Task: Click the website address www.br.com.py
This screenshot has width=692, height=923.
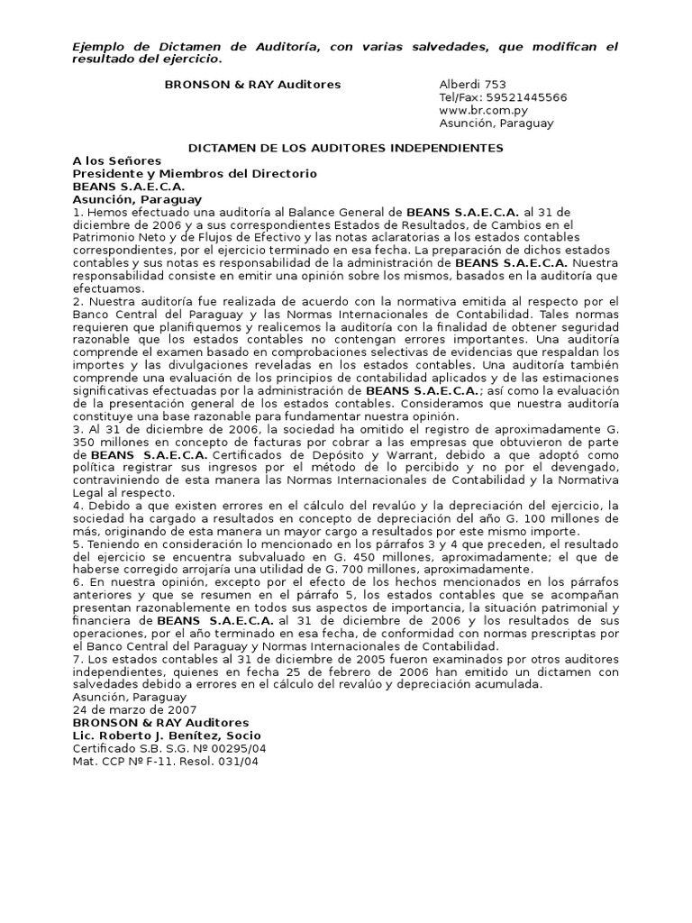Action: [x=478, y=110]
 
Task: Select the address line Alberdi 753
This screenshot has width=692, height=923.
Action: [x=473, y=84]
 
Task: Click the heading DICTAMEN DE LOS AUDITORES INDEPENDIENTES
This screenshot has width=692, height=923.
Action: [x=345, y=148]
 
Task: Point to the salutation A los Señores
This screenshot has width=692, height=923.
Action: [x=116, y=160]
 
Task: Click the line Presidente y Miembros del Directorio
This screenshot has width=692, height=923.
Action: [x=195, y=173]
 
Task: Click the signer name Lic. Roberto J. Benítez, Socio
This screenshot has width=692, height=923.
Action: [x=167, y=736]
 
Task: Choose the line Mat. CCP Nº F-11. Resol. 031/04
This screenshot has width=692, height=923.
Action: [x=165, y=761]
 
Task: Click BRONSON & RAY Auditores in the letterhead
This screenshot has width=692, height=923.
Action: [x=252, y=84]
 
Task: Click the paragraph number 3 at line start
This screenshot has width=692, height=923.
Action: [x=76, y=431]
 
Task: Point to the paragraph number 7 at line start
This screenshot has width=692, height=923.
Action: [x=76, y=659]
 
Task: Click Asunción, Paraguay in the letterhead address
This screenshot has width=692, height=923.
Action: [x=496, y=123]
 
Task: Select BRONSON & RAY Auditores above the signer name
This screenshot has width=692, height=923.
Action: [x=160, y=723]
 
